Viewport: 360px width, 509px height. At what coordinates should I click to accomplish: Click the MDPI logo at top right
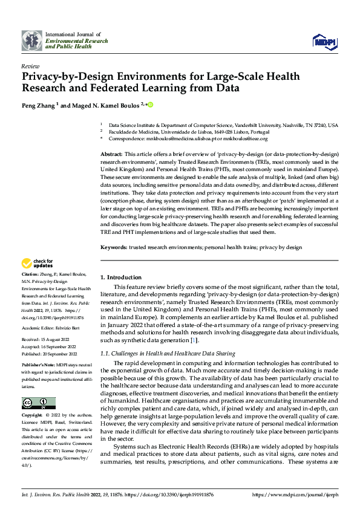coord(324,41)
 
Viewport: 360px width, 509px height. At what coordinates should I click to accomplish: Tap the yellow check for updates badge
coord(37,264)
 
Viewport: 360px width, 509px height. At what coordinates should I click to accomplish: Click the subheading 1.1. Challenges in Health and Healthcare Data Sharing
coord(167,353)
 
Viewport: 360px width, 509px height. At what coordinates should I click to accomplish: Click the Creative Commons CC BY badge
coord(38,403)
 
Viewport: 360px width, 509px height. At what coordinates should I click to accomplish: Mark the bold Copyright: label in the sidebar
coord(33,416)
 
